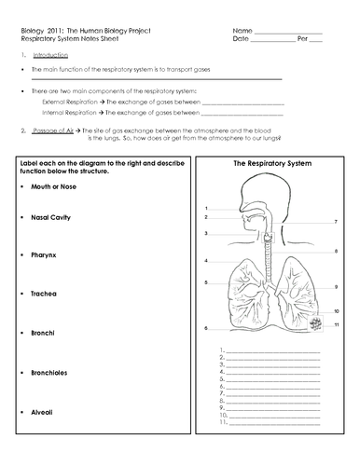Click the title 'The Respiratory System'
pyautogui.click(x=270, y=163)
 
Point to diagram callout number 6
pyautogui.click(x=205, y=329)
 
